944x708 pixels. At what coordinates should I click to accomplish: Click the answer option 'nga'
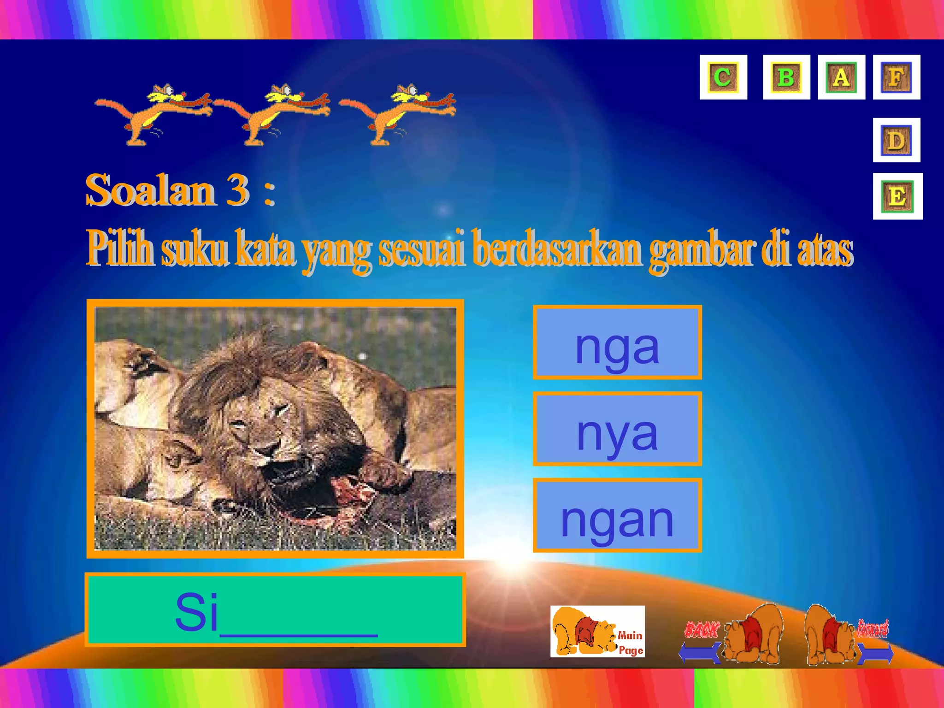pos(617,342)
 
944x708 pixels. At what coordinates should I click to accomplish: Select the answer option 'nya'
pos(617,429)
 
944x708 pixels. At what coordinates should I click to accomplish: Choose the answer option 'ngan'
pos(617,515)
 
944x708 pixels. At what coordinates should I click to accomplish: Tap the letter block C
pos(723,77)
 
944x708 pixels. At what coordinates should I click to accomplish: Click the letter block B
pos(786,77)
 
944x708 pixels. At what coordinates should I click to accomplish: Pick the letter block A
pos(841,77)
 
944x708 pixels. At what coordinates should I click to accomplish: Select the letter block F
pos(896,77)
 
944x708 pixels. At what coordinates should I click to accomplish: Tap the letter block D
pos(896,140)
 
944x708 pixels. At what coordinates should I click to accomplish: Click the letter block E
pos(897,196)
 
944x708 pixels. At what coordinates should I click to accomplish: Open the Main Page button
pos(597,631)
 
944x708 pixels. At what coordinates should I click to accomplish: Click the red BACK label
pos(701,630)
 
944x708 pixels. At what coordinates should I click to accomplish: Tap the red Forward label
pos(873,628)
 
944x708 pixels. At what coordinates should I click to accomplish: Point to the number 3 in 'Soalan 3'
pos(238,190)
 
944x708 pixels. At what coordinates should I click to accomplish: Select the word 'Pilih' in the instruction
pos(121,249)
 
